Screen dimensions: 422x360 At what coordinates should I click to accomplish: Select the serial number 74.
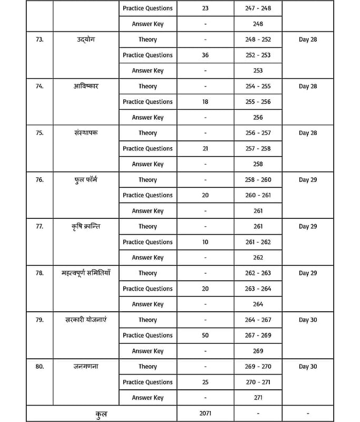pos(40,87)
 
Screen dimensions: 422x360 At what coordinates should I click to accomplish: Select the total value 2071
pos(205,414)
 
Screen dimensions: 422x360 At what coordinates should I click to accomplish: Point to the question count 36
pos(205,55)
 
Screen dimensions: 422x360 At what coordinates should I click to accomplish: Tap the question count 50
pos(205,335)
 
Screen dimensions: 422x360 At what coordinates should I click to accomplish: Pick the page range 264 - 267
pos(258,320)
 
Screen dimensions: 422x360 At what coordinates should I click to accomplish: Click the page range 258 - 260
pos(258,180)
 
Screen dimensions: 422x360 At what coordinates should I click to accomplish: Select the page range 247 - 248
pos(258,8)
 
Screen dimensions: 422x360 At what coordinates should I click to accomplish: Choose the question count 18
pos(205,102)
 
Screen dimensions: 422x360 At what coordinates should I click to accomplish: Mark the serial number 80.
pos(40,367)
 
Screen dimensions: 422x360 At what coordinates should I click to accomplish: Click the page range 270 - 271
pos(258,382)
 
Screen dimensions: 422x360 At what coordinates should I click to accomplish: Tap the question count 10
pos(205,242)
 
